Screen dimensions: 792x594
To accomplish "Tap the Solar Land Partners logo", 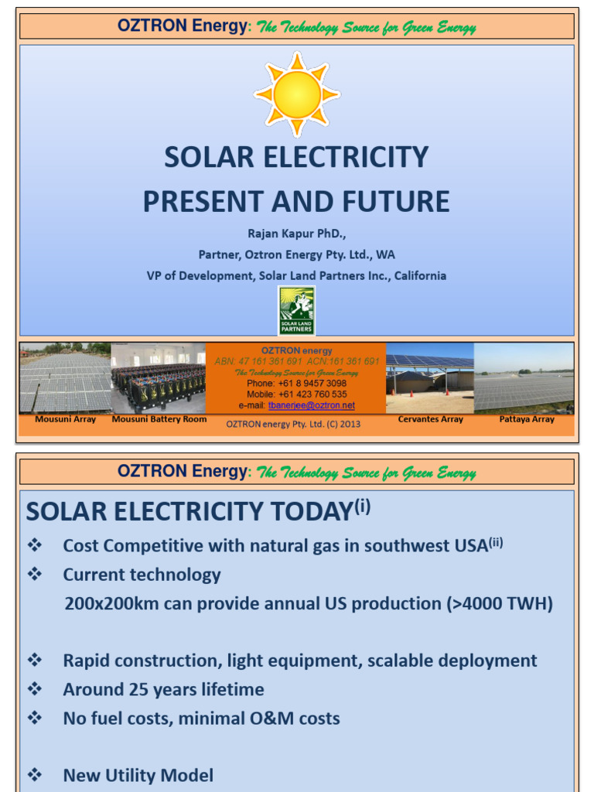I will point(297,311).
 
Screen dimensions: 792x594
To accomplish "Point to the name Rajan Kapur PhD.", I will point(297,233).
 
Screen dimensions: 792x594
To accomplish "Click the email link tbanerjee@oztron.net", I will point(312,405).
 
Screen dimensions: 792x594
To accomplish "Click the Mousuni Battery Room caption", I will point(159,419).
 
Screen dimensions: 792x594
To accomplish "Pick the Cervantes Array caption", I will point(431,419).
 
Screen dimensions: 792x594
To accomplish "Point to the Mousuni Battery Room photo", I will point(159,379).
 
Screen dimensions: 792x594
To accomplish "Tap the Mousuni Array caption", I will point(66,419).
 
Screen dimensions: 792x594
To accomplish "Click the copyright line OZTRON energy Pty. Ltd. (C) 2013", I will point(293,424).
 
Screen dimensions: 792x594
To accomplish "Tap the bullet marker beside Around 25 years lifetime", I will point(34,689).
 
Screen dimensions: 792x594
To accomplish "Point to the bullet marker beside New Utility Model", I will point(34,775).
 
